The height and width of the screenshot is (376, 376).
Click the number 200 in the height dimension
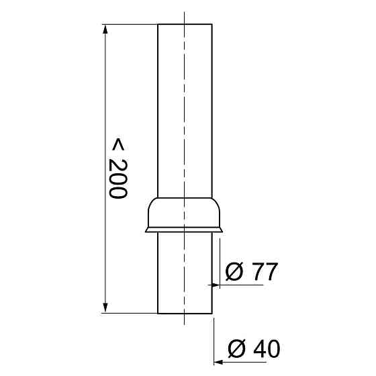(118, 179)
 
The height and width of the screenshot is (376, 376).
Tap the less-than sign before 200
(118, 144)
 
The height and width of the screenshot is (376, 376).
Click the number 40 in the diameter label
(267, 348)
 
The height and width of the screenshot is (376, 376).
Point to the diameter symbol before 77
(234, 271)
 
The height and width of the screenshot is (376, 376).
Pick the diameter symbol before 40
(236, 348)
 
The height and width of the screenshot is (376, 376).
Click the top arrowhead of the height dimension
(105, 30)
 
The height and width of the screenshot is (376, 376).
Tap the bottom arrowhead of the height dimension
(105, 308)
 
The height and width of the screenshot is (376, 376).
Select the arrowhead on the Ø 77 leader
(216, 285)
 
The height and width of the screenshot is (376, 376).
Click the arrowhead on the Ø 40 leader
(218, 362)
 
